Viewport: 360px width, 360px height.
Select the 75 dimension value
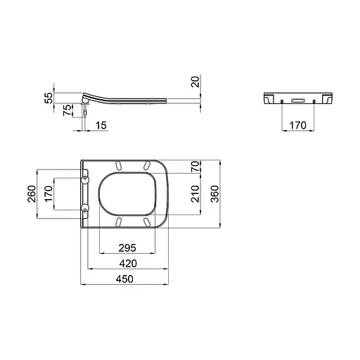click(67, 110)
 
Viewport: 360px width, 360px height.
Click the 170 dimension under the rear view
click(298, 124)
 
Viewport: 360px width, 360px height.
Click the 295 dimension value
click(127, 247)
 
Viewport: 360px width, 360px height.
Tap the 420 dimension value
click(127, 263)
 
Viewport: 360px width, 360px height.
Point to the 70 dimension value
click(195, 167)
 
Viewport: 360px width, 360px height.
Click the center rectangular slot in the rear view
click(298, 101)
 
